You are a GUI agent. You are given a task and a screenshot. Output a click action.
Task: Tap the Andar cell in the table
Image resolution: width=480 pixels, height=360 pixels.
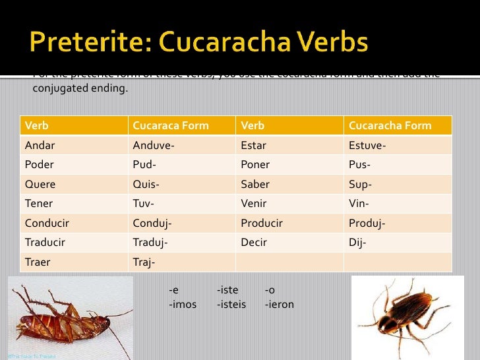pos(40,145)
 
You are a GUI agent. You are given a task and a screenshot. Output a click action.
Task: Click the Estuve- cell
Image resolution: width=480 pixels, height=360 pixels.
pos(367,145)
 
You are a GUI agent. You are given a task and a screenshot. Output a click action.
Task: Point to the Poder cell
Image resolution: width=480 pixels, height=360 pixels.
pos(40,164)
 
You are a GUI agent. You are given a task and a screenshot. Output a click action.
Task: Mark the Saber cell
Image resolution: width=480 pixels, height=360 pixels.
pos(255,185)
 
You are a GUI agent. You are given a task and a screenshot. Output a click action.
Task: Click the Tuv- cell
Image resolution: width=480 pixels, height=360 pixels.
pos(144,204)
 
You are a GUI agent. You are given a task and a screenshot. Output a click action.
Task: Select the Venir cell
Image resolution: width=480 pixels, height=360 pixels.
pos(254,204)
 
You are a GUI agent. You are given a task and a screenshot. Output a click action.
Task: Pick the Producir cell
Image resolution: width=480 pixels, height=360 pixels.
pos(262,223)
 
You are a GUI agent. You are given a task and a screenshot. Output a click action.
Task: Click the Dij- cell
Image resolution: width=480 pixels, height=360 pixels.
pos(357,242)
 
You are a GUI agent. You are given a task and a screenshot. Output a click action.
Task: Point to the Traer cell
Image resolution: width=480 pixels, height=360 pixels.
pos(38,262)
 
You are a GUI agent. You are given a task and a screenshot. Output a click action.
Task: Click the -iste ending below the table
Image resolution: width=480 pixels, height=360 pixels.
pos(227,290)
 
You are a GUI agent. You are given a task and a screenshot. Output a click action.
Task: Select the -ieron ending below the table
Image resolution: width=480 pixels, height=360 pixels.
pos(279,304)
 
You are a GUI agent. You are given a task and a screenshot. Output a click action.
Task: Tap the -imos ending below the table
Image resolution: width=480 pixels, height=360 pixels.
pos(183,304)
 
